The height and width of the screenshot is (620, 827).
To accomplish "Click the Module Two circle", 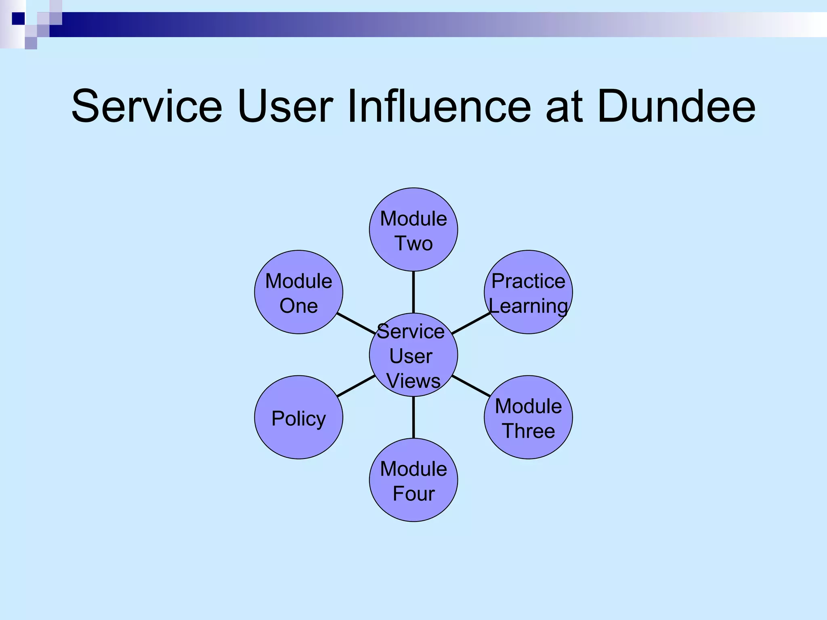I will tap(413, 230).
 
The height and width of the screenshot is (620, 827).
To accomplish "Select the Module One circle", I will tap(298, 292).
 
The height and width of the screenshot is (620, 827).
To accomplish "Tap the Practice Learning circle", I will tap(528, 292).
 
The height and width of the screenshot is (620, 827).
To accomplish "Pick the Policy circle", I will tap(298, 417).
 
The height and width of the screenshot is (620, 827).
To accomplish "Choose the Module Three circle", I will tap(528, 417).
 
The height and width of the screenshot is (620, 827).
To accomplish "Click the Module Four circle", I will tap(413, 480).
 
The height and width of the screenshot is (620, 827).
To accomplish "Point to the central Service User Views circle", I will tap(413, 355).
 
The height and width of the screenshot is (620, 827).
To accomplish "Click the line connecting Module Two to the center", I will tap(413, 292).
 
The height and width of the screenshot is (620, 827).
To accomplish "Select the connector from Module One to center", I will tap(356, 323).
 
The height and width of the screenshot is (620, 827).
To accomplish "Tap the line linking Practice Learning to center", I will tap(471, 323).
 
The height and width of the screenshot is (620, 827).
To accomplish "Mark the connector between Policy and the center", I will tap(356, 386).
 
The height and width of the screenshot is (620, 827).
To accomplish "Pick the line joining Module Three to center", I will tap(471, 386).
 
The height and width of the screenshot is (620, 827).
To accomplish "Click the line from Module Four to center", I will tap(413, 417).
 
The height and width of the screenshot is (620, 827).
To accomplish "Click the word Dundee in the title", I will tap(676, 107).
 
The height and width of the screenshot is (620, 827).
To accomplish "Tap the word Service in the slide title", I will tap(147, 107).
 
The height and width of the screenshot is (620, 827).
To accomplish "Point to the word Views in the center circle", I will tap(413, 381).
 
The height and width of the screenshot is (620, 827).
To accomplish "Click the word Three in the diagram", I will tap(528, 431).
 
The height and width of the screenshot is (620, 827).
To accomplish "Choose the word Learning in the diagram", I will tap(528, 306).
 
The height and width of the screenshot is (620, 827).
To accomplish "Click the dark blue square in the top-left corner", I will tap(19, 19).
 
